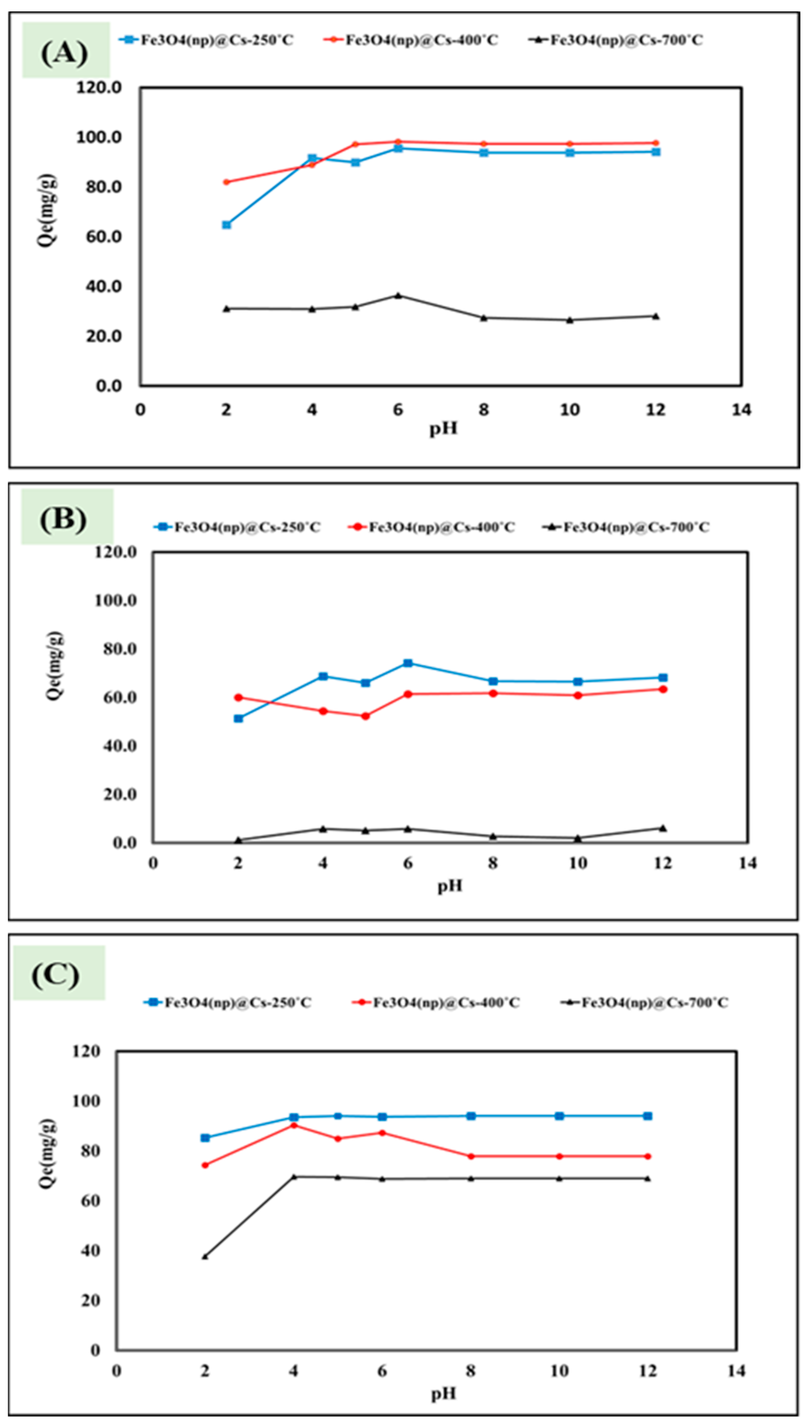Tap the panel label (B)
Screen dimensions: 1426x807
(63, 519)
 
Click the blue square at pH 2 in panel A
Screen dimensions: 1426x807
(226, 224)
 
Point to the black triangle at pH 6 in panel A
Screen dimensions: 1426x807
(398, 295)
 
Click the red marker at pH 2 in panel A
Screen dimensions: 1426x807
(226, 182)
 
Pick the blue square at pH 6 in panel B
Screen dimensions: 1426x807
(408, 663)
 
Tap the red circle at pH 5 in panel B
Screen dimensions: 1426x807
(365, 716)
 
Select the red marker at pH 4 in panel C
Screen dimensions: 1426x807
(294, 1125)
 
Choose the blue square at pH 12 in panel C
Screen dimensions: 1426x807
(647, 1116)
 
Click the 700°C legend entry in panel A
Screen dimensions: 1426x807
(615, 40)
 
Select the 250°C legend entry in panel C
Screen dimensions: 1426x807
(228, 1002)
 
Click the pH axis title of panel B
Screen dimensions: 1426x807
(449, 886)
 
